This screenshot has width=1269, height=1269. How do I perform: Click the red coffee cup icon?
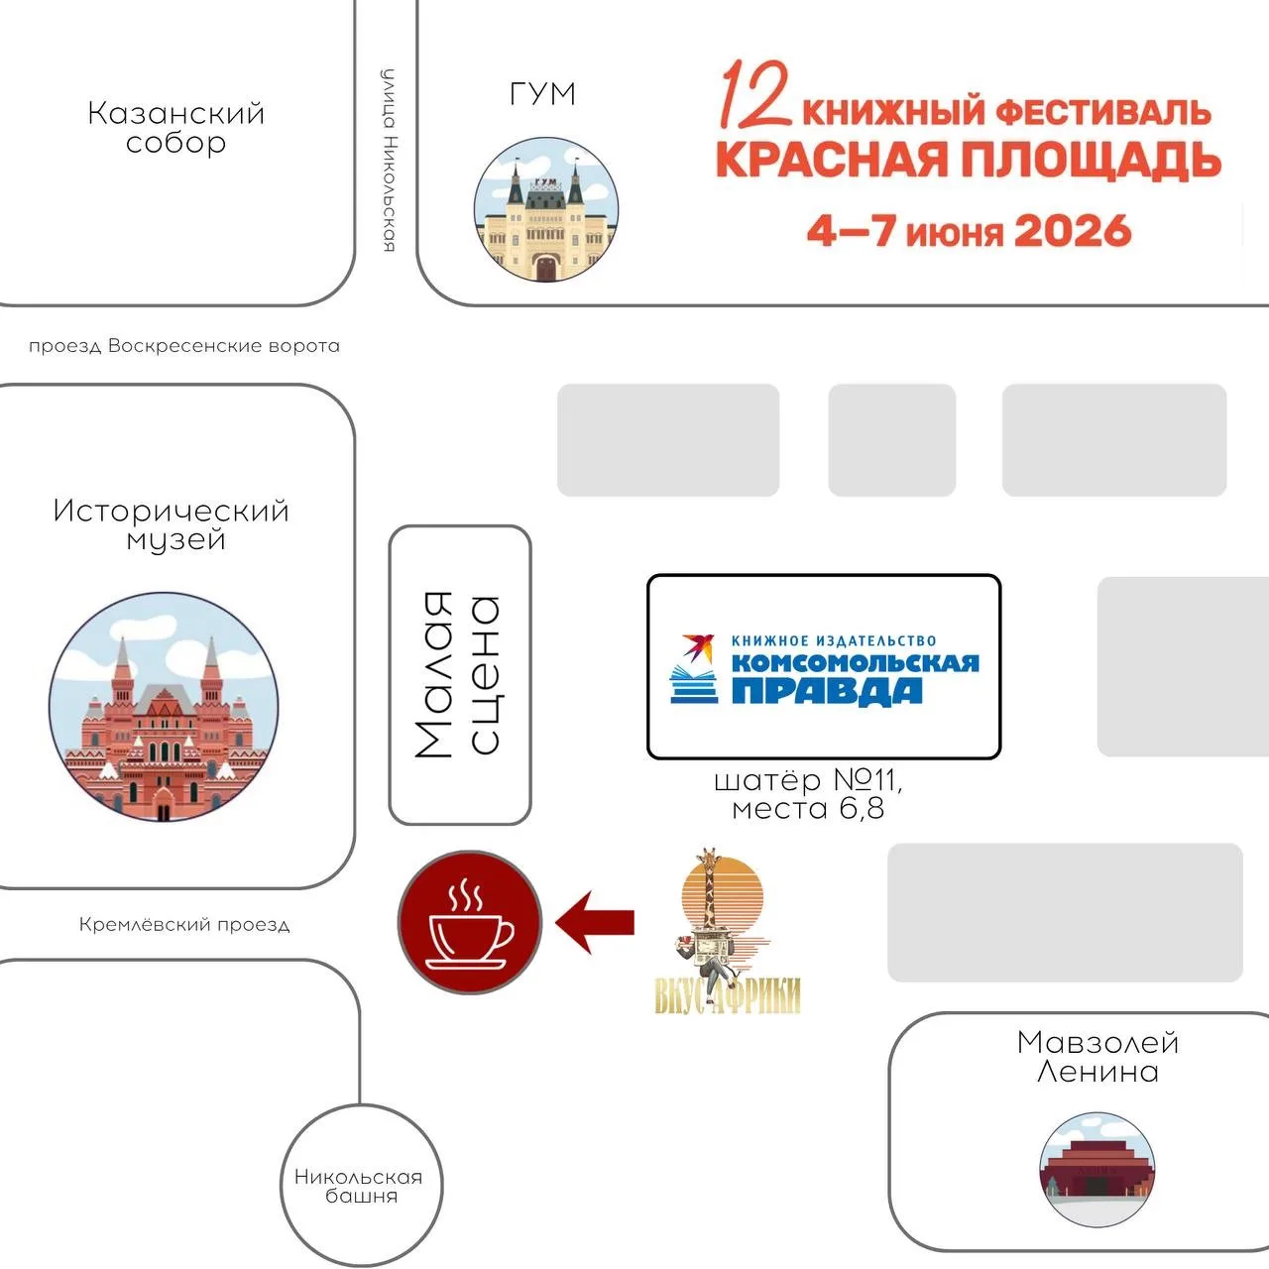tap(470, 922)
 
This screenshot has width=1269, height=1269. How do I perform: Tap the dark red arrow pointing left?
tap(595, 922)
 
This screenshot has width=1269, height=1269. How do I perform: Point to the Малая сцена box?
tap(460, 674)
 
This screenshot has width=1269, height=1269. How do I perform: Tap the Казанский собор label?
tap(175, 128)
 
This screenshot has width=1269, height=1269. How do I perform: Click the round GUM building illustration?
tap(546, 209)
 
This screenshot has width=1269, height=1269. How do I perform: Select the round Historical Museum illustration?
tap(164, 707)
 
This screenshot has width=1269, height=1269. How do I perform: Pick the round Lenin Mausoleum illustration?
tap(1096, 1170)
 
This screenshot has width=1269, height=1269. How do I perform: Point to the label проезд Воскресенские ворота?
tap(184, 346)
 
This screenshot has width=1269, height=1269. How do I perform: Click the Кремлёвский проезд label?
tap(184, 925)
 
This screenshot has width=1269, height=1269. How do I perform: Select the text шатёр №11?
tap(808, 781)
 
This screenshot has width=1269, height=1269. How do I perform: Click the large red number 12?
tap(756, 93)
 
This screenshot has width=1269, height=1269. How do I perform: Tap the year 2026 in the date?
tap(1073, 231)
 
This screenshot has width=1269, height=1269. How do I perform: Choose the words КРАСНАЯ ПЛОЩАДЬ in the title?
tap(968, 160)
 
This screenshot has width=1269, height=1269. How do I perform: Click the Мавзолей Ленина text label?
tap(1097, 1057)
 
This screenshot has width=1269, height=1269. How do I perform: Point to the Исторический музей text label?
tap(172, 524)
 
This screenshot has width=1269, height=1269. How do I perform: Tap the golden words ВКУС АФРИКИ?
tap(727, 995)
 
